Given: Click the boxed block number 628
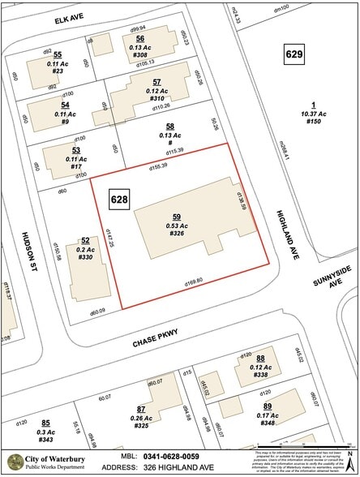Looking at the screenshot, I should coord(119,198).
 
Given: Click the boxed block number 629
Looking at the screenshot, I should coord(294,54).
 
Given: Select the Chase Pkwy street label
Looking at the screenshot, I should coord(156,345).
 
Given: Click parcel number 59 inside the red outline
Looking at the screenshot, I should coord(176,217).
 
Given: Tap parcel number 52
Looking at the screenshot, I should coord(85,240).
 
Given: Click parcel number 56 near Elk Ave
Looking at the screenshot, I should coord(139,38).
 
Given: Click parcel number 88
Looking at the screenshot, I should coord(260,358).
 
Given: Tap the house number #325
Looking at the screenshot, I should coord(141,425).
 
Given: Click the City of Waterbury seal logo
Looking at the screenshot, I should coord(15,462).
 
